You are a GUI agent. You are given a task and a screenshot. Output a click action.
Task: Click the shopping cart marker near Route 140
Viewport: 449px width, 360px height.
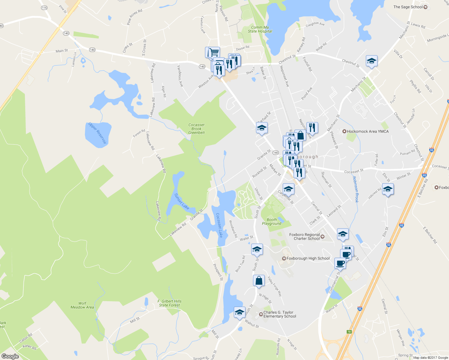(214, 52)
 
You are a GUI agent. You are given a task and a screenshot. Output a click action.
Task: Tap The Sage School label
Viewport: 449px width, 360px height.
(408, 7)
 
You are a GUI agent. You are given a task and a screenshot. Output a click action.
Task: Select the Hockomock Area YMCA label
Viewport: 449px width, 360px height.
(367, 131)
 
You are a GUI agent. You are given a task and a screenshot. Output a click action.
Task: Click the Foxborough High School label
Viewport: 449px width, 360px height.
(308, 258)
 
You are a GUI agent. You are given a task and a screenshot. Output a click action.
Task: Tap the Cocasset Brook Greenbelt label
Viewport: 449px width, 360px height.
(197, 129)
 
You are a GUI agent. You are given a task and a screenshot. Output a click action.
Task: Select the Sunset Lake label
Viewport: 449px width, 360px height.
(182, 201)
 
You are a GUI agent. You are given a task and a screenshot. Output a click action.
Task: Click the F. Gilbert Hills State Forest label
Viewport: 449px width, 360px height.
(170, 303)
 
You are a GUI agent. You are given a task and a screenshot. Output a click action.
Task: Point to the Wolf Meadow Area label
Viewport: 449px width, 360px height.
(82, 305)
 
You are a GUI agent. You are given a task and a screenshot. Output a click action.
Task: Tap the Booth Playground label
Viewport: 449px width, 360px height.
(272, 222)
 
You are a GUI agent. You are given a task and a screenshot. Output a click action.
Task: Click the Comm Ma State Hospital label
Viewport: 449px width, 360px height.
(260, 29)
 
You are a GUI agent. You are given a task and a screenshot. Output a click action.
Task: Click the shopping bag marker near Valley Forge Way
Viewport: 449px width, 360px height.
(259, 281)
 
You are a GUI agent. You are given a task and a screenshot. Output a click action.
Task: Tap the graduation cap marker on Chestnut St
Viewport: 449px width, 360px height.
(372, 61)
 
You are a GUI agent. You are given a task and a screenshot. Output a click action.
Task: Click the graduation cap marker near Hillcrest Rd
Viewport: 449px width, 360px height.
(388, 189)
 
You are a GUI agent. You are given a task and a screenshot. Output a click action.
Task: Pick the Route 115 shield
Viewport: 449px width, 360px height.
(44, 8)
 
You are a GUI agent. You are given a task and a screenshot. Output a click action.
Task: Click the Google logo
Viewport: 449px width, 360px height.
(10, 356)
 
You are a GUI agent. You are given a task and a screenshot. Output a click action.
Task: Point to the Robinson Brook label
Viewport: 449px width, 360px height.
(355, 189)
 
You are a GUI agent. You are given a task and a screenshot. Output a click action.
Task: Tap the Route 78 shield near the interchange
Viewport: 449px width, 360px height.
(349, 332)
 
